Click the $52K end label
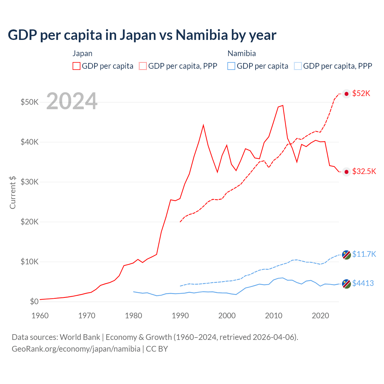pyautogui.click(x=361, y=93)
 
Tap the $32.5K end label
pyautogui.click(x=364, y=171)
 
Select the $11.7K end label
pyautogui.click(x=364, y=254)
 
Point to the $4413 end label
pyautogui.click(x=363, y=283)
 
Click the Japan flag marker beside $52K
pyautogui.click(x=346, y=94)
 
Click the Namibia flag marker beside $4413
pyautogui.click(x=346, y=284)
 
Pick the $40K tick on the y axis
pyautogui.click(x=29, y=142)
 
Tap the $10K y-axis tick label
pyautogui.click(x=29, y=262)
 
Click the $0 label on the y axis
pyautogui.click(x=34, y=301)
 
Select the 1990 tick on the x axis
pyautogui.click(x=180, y=316)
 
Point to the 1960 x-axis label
pyautogui.click(x=40, y=316)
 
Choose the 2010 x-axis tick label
pyautogui.click(x=274, y=316)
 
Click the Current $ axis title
pyautogui.click(x=13, y=192)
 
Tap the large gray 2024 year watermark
pyautogui.click(x=72, y=101)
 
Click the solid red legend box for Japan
pyautogui.click(x=76, y=66)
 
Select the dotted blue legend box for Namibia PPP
pyautogui.click(x=298, y=66)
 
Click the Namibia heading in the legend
pyautogui.click(x=241, y=53)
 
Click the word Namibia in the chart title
pyautogui.click(x=202, y=35)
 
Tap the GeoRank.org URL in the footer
pyautogui.click(x=76, y=349)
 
